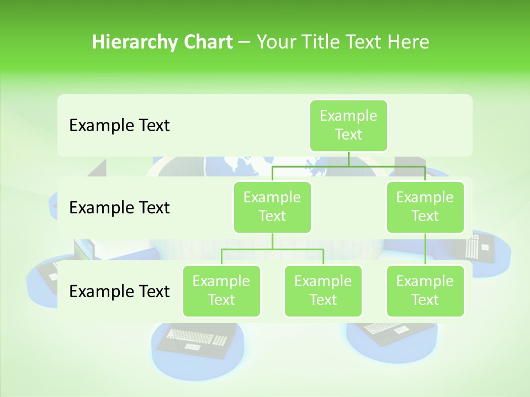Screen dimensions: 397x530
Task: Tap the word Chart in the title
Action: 208,42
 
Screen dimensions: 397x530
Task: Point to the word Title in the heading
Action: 322,42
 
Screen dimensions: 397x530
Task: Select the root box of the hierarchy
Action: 348,125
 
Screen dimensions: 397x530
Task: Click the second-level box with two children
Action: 272,207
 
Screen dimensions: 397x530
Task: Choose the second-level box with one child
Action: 425,207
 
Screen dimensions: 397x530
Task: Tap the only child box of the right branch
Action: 425,291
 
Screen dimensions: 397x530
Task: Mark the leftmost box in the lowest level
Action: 221,291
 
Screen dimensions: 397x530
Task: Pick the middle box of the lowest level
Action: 323,291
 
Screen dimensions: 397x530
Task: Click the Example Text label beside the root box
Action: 119,126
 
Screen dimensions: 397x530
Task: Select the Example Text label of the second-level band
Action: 119,208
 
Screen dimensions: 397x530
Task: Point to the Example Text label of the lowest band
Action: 119,291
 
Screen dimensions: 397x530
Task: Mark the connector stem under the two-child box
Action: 272,241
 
